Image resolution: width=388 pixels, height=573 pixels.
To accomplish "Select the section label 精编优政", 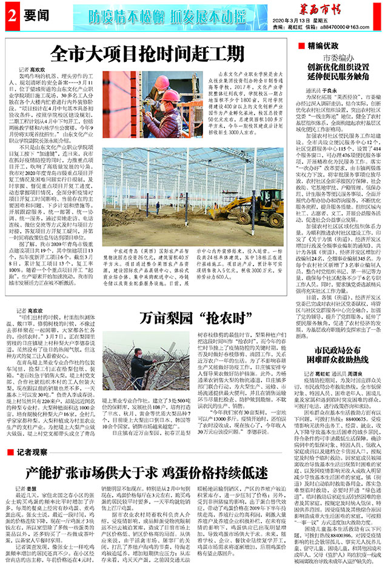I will point(322,45).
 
